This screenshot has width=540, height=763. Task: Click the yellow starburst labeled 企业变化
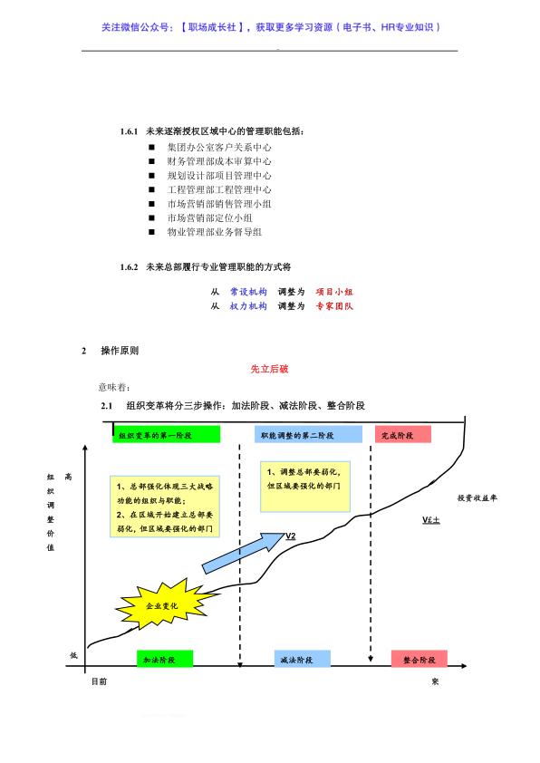(x=163, y=604)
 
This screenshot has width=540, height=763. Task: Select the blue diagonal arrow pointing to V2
(x=243, y=554)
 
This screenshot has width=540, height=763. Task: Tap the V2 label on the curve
(x=290, y=536)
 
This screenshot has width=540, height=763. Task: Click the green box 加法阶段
(x=165, y=660)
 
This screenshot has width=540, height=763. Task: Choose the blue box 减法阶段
(x=302, y=660)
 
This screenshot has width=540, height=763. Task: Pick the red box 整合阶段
(x=419, y=660)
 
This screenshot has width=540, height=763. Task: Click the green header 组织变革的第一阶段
(x=166, y=435)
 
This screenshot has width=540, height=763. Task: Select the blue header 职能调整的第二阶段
(x=308, y=435)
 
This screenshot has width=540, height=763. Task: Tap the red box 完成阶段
(x=403, y=435)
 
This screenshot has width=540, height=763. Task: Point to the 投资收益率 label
(x=477, y=497)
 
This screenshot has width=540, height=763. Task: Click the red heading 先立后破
(x=269, y=369)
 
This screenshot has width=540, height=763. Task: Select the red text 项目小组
(x=334, y=292)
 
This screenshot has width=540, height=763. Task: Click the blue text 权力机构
(x=248, y=305)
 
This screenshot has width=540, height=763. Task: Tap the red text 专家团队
(x=334, y=305)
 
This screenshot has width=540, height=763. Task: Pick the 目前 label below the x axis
(x=99, y=681)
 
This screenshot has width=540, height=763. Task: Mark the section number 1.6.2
(x=129, y=266)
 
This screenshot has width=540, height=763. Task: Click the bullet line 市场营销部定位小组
(x=209, y=217)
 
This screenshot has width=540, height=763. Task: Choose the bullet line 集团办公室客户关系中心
(x=219, y=147)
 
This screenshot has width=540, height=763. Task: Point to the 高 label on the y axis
(x=68, y=477)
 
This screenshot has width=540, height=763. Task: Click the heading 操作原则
(x=120, y=351)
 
